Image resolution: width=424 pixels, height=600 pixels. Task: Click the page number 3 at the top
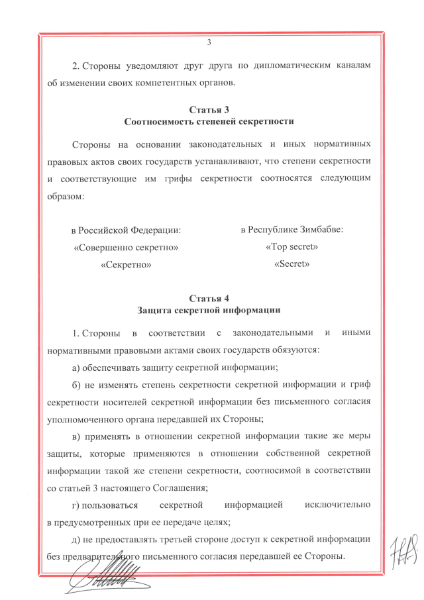point(209,44)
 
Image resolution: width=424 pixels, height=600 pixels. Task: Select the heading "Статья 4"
point(209,298)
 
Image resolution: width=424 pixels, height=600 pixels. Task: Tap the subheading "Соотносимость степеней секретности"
point(209,122)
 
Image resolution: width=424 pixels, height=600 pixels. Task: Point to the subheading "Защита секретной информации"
point(209,310)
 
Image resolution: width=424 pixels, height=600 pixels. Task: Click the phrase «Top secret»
point(291,247)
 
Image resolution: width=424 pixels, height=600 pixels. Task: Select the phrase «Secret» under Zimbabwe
point(292,264)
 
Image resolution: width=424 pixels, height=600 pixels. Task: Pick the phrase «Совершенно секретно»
point(126,248)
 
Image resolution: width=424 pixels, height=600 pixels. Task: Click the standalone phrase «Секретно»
point(126,265)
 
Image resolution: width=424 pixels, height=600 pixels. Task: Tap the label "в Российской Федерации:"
point(126,230)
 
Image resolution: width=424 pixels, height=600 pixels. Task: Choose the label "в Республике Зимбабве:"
point(291,230)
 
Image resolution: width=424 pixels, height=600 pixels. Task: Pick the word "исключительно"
point(337,505)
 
